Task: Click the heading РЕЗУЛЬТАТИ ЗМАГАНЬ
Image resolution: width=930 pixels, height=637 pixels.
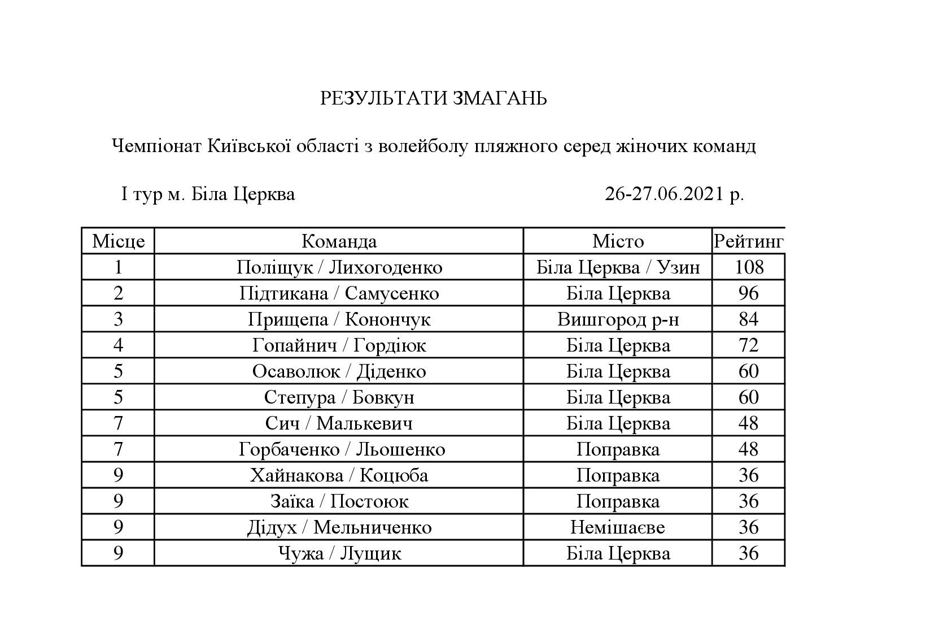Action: pyautogui.click(x=433, y=99)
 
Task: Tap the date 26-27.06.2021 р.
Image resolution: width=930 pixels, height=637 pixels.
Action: pyautogui.click(x=674, y=194)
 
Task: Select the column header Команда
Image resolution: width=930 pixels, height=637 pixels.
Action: pyautogui.click(x=339, y=241)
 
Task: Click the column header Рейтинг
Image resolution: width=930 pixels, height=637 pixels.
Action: pyautogui.click(x=748, y=241)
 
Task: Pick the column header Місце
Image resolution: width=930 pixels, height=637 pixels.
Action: pyautogui.click(x=118, y=241)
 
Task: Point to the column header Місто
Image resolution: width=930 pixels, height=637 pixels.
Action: pyautogui.click(x=618, y=241)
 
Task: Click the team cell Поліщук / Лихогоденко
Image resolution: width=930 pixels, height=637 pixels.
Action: pyautogui.click(x=339, y=267)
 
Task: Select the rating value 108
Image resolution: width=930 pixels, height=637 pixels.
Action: pyautogui.click(x=749, y=267)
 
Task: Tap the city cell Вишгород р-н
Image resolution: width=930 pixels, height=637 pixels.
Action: pyautogui.click(x=618, y=319)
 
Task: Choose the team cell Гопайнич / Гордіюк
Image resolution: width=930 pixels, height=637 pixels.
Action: pyautogui.click(x=339, y=345)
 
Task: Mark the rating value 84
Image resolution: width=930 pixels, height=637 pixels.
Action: pyautogui.click(x=749, y=319)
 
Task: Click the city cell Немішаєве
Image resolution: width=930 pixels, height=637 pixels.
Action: pyautogui.click(x=618, y=527)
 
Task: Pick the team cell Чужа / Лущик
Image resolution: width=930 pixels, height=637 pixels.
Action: pyautogui.click(x=339, y=553)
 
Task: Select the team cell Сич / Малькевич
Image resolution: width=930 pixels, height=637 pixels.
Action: pyautogui.click(x=339, y=423)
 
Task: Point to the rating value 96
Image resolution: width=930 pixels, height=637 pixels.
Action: pyautogui.click(x=749, y=293)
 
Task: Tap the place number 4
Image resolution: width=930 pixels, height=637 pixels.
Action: pyautogui.click(x=118, y=345)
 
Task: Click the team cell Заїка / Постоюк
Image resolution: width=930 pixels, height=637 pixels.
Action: pyautogui.click(x=339, y=501)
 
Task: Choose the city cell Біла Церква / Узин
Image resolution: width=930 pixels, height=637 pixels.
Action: pyautogui.click(x=618, y=267)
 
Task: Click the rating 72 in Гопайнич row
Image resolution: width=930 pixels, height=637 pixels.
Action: pyautogui.click(x=749, y=345)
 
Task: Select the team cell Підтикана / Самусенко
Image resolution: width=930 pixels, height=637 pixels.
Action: pyautogui.click(x=339, y=293)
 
